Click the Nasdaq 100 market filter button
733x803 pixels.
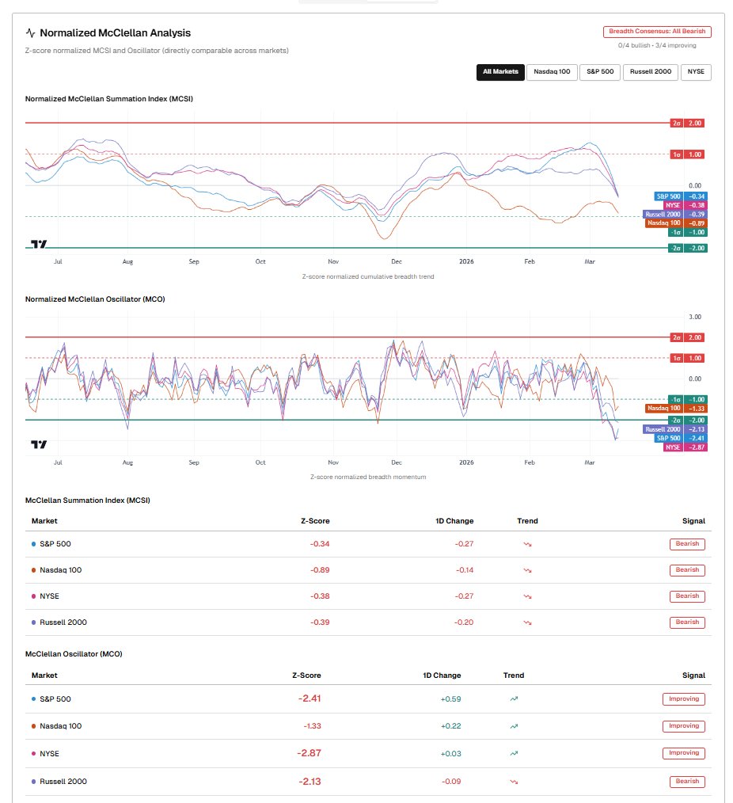tap(551, 72)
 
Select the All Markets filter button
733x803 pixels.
tap(500, 72)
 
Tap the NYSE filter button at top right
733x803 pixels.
tap(696, 72)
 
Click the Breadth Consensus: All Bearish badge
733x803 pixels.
tap(657, 32)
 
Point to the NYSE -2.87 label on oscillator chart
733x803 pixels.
tap(685, 447)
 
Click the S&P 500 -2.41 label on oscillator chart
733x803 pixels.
tap(684, 438)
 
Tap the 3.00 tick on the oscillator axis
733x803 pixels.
tap(695, 317)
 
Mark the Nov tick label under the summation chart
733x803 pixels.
tap(333, 261)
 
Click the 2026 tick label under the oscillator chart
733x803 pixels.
tap(466, 461)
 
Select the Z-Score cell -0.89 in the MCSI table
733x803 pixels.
tap(320, 570)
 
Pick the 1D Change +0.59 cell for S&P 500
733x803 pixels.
tap(450, 699)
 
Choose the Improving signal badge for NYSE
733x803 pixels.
tap(684, 753)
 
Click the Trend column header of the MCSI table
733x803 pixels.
tap(527, 521)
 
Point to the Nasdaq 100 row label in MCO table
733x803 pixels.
tap(60, 726)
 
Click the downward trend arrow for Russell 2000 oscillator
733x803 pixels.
tap(513, 782)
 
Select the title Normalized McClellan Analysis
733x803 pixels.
tap(115, 33)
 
